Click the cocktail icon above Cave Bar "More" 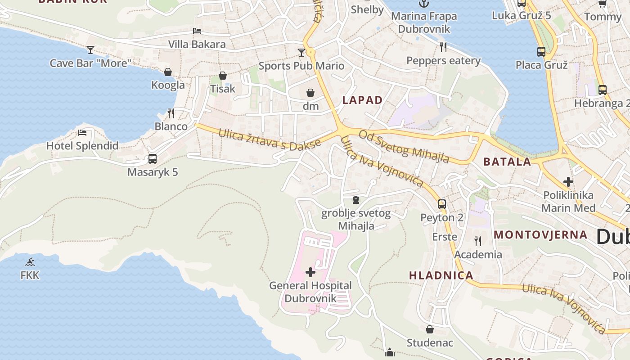click(x=90, y=49)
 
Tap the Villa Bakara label click(x=197, y=44)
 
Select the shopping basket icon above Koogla click(x=168, y=72)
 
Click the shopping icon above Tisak click(x=223, y=76)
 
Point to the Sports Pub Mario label click(x=301, y=66)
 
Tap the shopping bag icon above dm click(x=310, y=93)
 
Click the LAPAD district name click(x=362, y=100)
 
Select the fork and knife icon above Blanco click(x=171, y=113)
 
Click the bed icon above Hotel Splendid click(x=82, y=132)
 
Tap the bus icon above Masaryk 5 click(x=153, y=159)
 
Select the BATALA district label click(x=507, y=162)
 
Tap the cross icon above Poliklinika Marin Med click(x=568, y=182)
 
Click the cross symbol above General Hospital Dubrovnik click(x=310, y=272)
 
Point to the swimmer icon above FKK click(x=30, y=261)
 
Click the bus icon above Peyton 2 click(x=442, y=204)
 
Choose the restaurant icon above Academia click(x=478, y=241)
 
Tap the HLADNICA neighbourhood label click(x=441, y=275)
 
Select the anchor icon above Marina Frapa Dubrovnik click(x=423, y=4)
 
